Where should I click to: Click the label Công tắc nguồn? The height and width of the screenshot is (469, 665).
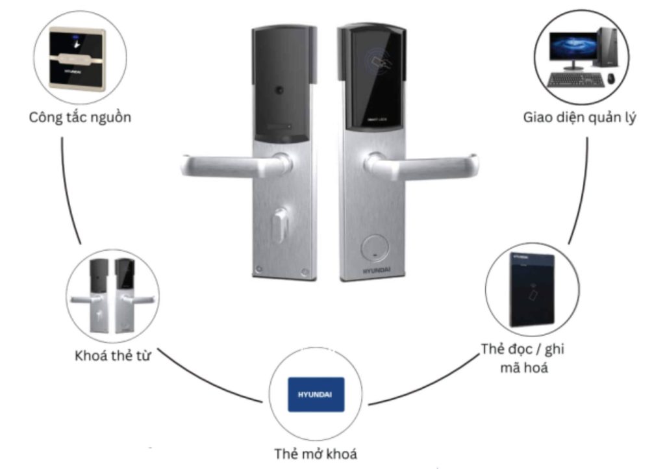point(81,118)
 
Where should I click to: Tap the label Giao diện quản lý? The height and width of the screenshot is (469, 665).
point(580,118)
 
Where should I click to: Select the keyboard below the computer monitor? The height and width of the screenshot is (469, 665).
point(575,79)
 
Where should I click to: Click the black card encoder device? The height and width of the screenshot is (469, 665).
point(532,289)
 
